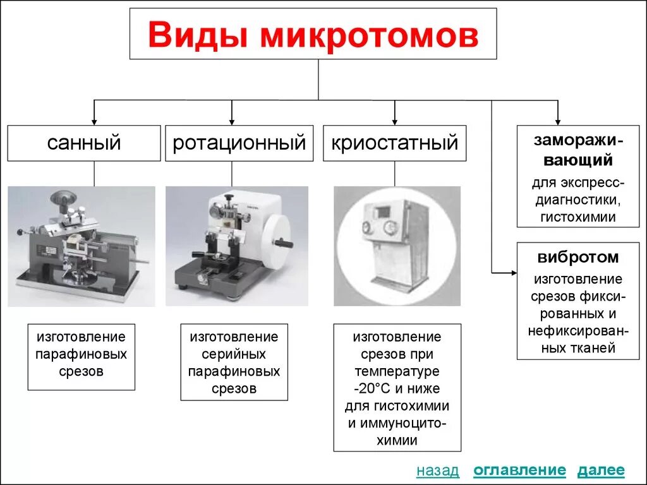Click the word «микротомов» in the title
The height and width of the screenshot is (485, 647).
pyautogui.click(x=370, y=35)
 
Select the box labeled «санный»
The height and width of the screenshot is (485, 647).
pyautogui.click(x=84, y=143)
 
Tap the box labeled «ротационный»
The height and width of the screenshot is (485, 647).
pyautogui.click(x=239, y=143)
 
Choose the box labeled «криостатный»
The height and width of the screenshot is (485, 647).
pyautogui.click(x=395, y=143)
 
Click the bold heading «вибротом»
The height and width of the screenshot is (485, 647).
pyautogui.click(x=578, y=258)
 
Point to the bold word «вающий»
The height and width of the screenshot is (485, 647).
pyautogui.click(x=578, y=160)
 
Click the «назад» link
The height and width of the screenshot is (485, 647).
pyautogui.click(x=438, y=470)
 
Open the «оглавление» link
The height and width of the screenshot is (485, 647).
pyautogui.click(x=519, y=470)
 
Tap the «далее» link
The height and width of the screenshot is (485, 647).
pyautogui.click(x=601, y=470)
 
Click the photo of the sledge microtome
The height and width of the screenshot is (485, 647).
pyautogui.click(x=82, y=246)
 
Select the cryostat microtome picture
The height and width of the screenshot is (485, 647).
pyautogui.click(x=397, y=246)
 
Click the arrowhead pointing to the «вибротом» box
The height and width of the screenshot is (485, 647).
pyautogui.click(x=512, y=273)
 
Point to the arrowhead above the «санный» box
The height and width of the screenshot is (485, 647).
pyautogui.click(x=95, y=121)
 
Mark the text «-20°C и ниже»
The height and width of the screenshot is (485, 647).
pyautogui.click(x=397, y=388)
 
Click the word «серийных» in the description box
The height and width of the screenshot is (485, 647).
pyautogui.click(x=234, y=354)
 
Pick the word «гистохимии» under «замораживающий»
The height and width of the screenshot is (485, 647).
pyautogui.click(x=578, y=217)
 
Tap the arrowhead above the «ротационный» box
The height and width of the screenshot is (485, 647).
pyautogui.click(x=232, y=121)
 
